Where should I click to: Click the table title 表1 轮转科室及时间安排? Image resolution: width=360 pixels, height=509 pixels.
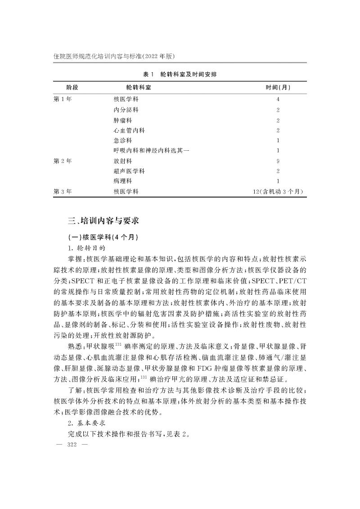tap(180, 74)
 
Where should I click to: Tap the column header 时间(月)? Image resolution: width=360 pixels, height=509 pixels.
tap(278, 87)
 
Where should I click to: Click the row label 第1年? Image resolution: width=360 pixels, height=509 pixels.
tap(63, 99)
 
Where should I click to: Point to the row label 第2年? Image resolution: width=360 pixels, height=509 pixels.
tap(63, 161)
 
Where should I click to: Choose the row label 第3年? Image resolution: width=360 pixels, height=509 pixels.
tap(63, 192)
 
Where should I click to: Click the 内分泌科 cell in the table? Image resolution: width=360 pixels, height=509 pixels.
tap(126, 109)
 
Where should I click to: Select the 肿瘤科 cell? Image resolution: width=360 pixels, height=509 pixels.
tap(123, 120)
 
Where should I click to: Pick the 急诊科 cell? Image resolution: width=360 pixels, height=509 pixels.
tap(123, 140)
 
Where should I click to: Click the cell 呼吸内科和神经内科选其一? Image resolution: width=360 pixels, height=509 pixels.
tap(151, 150)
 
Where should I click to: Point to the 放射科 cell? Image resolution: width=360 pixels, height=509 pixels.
tap(123, 161)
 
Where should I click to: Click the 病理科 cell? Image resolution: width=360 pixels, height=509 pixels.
tap(123, 181)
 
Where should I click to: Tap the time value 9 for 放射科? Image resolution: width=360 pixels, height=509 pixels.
tap(278, 161)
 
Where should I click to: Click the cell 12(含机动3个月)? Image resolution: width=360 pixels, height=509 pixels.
tap(278, 192)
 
